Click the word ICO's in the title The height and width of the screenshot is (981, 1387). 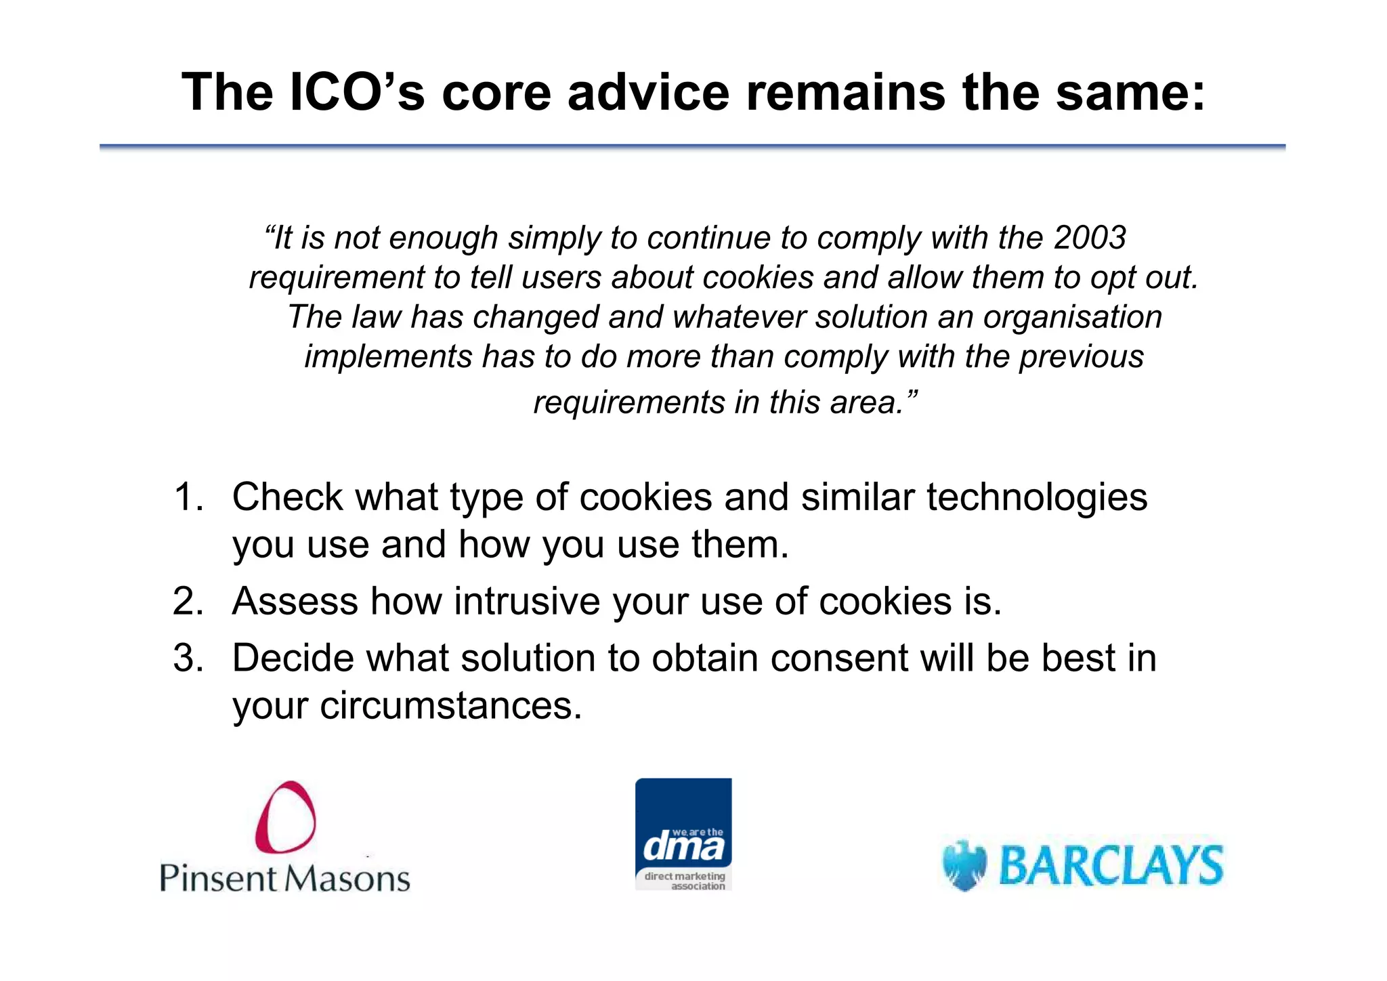(x=357, y=92)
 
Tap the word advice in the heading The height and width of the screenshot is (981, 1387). (x=648, y=92)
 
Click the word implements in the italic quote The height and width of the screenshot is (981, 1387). (x=387, y=357)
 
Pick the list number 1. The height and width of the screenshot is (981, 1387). (x=188, y=497)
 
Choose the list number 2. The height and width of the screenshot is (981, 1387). (x=188, y=601)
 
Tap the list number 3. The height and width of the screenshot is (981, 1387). (x=188, y=658)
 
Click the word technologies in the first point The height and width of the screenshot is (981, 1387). (x=1036, y=497)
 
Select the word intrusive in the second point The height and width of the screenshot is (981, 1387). (x=526, y=601)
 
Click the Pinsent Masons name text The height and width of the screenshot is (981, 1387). (x=284, y=878)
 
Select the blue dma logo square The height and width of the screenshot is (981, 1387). (x=683, y=833)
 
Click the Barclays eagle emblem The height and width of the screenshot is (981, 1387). (x=964, y=865)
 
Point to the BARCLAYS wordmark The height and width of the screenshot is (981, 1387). (x=1111, y=865)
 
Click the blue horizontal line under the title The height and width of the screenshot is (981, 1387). (x=692, y=146)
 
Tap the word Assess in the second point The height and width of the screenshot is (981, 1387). (x=295, y=601)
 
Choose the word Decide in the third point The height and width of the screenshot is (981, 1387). (x=293, y=658)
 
